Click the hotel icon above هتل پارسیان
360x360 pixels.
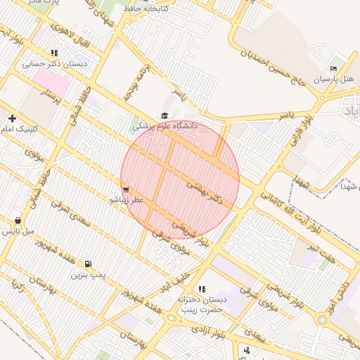coord(333,68)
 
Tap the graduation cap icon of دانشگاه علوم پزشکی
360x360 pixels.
coord(165,116)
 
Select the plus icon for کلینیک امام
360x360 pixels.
coord(12,118)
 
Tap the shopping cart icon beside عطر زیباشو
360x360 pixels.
coord(126,190)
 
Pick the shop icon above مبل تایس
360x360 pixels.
coord(18,221)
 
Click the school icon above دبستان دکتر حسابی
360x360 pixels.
coord(54,53)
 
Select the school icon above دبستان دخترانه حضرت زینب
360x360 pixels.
coord(202,289)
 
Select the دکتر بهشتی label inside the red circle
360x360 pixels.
coord(209,192)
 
